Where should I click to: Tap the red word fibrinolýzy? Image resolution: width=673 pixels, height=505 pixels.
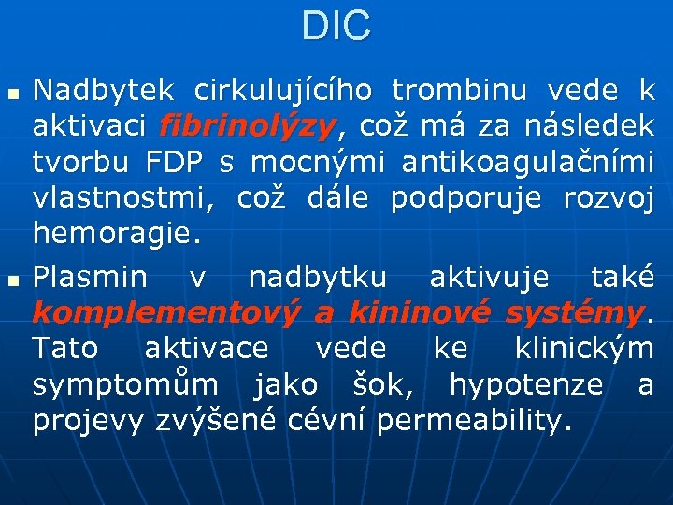pos(248,125)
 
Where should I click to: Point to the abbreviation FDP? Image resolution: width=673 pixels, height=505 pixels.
pos(175,162)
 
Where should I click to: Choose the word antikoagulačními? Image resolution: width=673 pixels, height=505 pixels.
pos(527,162)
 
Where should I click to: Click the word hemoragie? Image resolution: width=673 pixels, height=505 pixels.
pos(116,234)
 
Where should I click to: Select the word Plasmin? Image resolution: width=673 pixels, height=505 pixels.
pos(90,277)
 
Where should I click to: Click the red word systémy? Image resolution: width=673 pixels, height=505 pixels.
pos(573,312)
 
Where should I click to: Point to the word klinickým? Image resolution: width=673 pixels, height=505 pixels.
pos(583,348)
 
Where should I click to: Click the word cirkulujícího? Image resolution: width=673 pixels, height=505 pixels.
pos(282,92)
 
